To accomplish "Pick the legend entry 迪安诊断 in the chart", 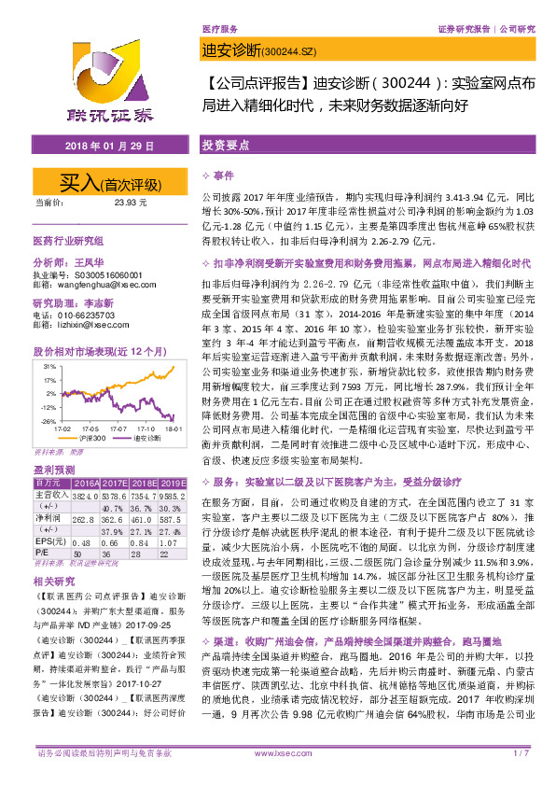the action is (x=141, y=436).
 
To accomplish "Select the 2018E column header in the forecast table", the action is (x=140, y=484).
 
